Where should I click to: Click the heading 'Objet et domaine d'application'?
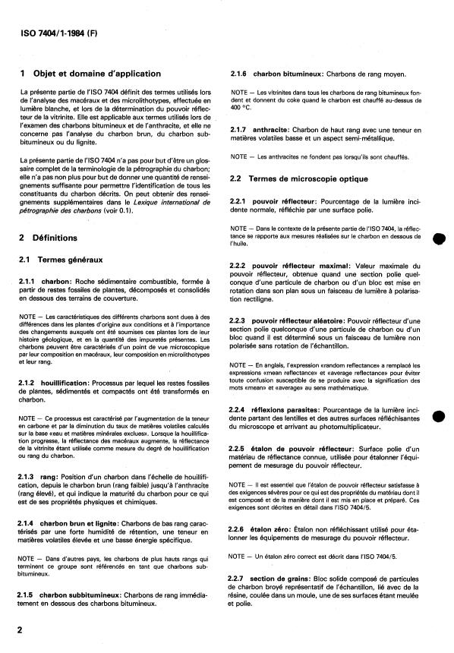point(96,74)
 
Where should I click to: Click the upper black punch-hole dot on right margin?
point(438,237)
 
